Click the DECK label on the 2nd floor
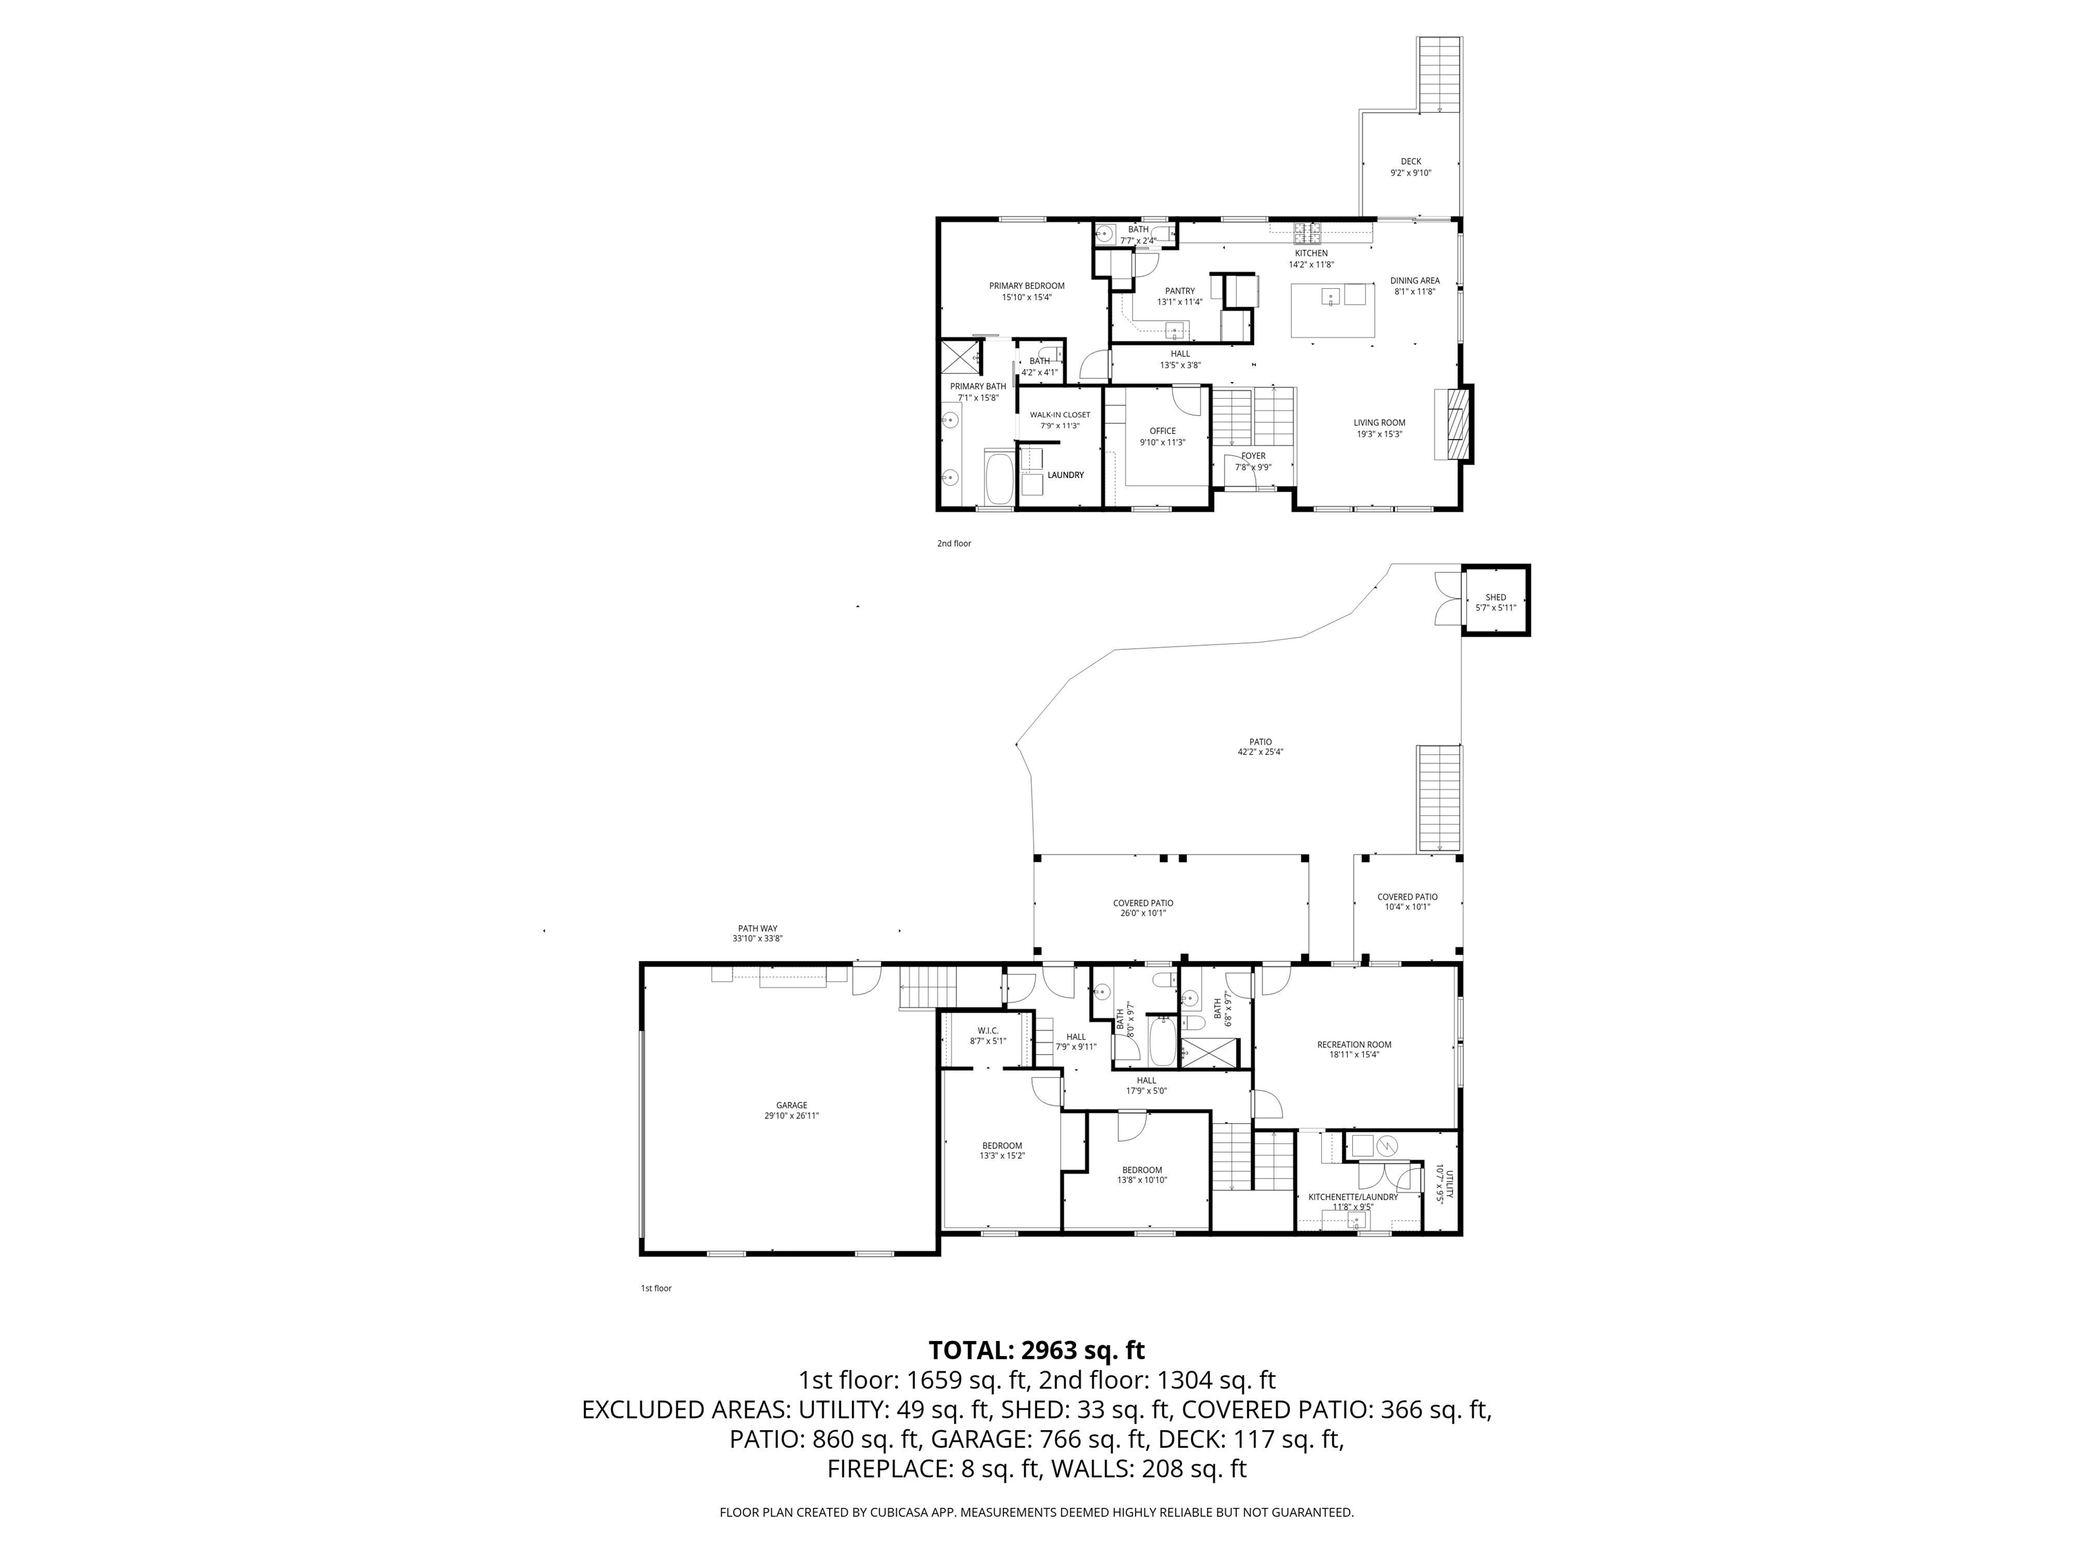(1410, 161)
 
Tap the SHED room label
(1495, 597)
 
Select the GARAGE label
(791, 1105)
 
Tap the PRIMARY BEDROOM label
(1027, 286)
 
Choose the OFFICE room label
(1163, 431)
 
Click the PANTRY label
(1179, 291)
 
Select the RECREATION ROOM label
(1354, 1044)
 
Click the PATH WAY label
(757, 928)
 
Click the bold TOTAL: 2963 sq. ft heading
(1036, 1350)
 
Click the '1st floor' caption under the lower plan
(656, 1288)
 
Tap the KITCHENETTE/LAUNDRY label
(1353, 1197)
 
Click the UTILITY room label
(1450, 1183)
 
